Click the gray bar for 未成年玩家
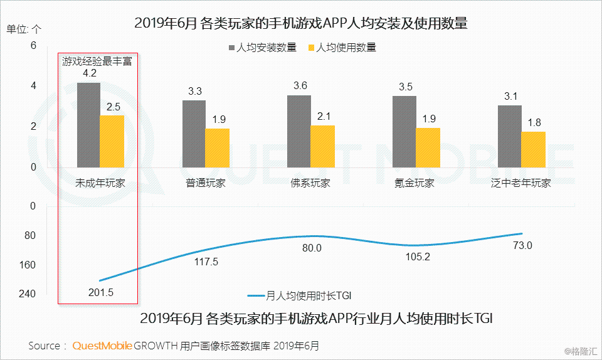(x=88, y=125)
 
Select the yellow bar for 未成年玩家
(x=112, y=141)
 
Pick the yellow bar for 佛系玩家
(x=322, y=146)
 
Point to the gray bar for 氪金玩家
(x=404, y=132)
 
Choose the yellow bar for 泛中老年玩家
(x=533, y=149)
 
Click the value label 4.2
(x=89, y=73)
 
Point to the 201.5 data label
(x=102, y=293)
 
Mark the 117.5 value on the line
(x=206, y=262)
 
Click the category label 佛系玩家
(x=311, y=183)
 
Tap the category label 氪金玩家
(x=415, y=183)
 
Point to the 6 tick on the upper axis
(x=33, y=45)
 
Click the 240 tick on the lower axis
(x=27, y=294)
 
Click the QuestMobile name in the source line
(x=102, y=346)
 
